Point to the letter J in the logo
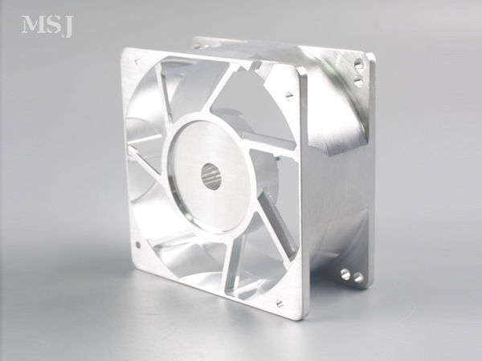click(67, 26)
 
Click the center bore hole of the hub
click(211, 176)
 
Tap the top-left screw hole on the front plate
click(137, 61)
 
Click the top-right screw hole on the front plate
click(289, 95)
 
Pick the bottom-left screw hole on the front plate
click(138, 245)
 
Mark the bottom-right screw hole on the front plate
click(280, 303)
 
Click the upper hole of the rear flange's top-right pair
click(358, 63)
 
